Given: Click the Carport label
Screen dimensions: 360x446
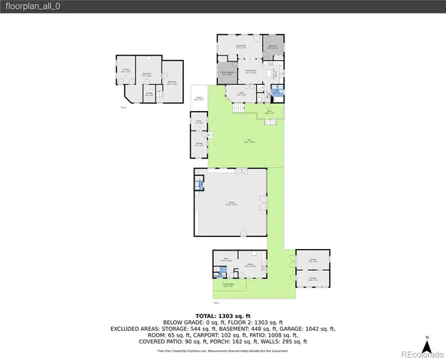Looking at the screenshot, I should pos(199,98).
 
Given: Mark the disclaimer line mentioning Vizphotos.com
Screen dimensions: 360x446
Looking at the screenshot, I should pos(222,350).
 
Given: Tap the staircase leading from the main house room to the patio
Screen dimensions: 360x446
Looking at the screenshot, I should pos(238,108).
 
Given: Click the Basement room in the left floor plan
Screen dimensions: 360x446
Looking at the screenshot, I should pos(147,73).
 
